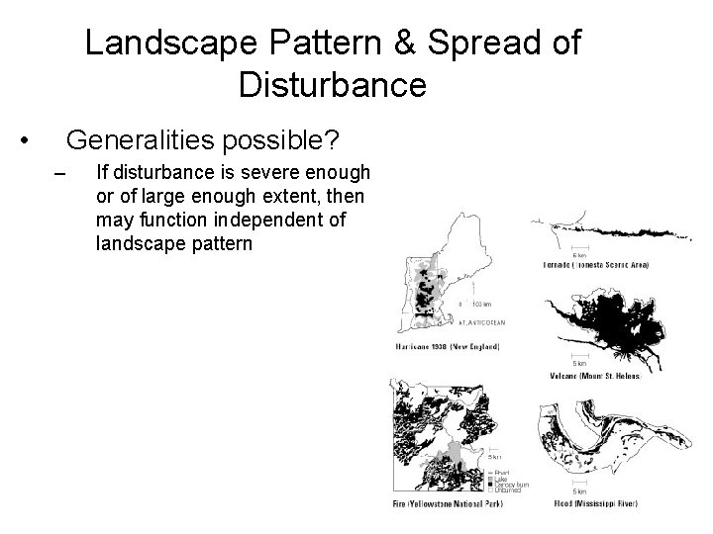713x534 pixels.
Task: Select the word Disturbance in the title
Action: [x=333, y=85]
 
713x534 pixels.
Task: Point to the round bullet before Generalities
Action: [x=34, y=138]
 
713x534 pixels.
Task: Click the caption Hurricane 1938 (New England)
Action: [x=447, y=347]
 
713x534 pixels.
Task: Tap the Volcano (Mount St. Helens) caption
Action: [x=593, y=376]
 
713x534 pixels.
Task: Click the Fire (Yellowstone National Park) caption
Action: [x=447, y=504]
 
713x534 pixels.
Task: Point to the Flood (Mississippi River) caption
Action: [x=593, y=504]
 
